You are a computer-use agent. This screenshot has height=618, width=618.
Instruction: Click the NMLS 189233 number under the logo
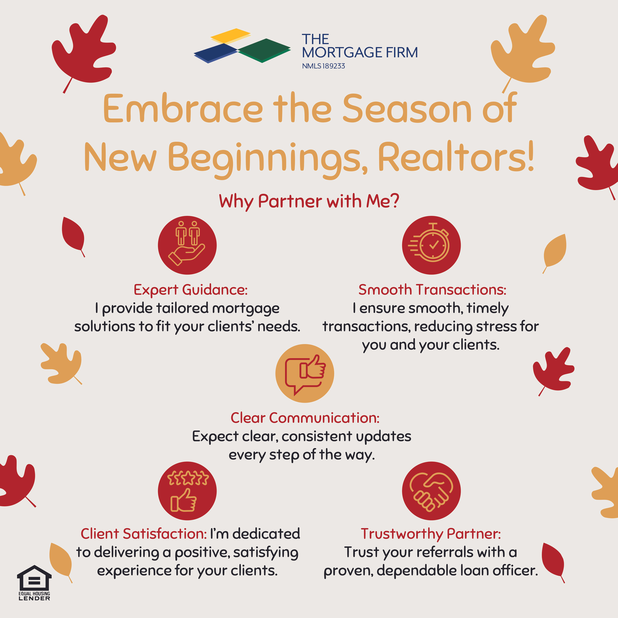point(323,66)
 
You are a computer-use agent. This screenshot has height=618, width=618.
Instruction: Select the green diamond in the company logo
point(264,49)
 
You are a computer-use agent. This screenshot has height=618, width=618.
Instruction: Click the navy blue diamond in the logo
point(216,52)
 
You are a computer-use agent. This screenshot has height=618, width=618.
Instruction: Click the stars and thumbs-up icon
point(187,491)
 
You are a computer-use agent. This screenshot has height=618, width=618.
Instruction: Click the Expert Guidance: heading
point(191,290)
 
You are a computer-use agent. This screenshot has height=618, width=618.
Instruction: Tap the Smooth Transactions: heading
point(432,290)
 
